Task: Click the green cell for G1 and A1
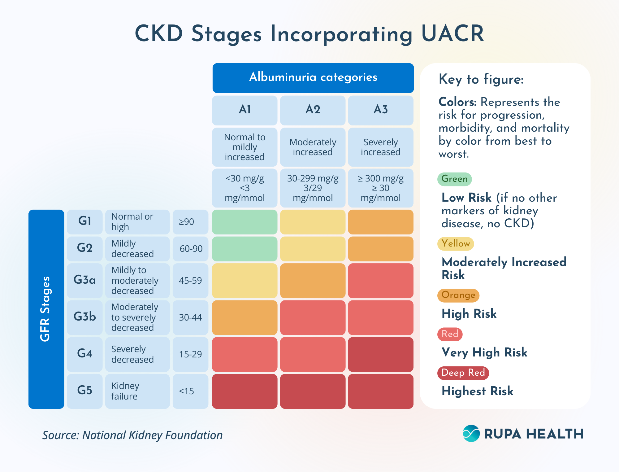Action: (x=245, y=222)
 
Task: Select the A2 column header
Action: (x=313, y=110)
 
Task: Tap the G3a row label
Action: (x=84, y=280)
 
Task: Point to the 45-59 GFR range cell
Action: (x=190, y=281)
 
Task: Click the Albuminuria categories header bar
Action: (x=313, y=78)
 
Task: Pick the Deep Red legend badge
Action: (x=463, y=373)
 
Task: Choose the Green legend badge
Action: (x=454, y=179)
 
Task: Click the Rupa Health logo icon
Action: (x=471, y=433)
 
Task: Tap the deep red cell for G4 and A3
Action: (x=380, y=354)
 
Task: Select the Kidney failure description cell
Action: (x=137, y=391)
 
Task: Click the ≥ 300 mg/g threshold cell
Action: (x=380, y=188)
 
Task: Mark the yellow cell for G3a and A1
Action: (x=245, y=281)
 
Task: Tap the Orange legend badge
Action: (x=458, y=295)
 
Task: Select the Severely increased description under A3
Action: (x=380, y=147)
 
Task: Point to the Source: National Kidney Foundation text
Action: (x=132, y=435)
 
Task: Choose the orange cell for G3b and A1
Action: (x=245, y=317)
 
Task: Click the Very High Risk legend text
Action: (x=484, y=352)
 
